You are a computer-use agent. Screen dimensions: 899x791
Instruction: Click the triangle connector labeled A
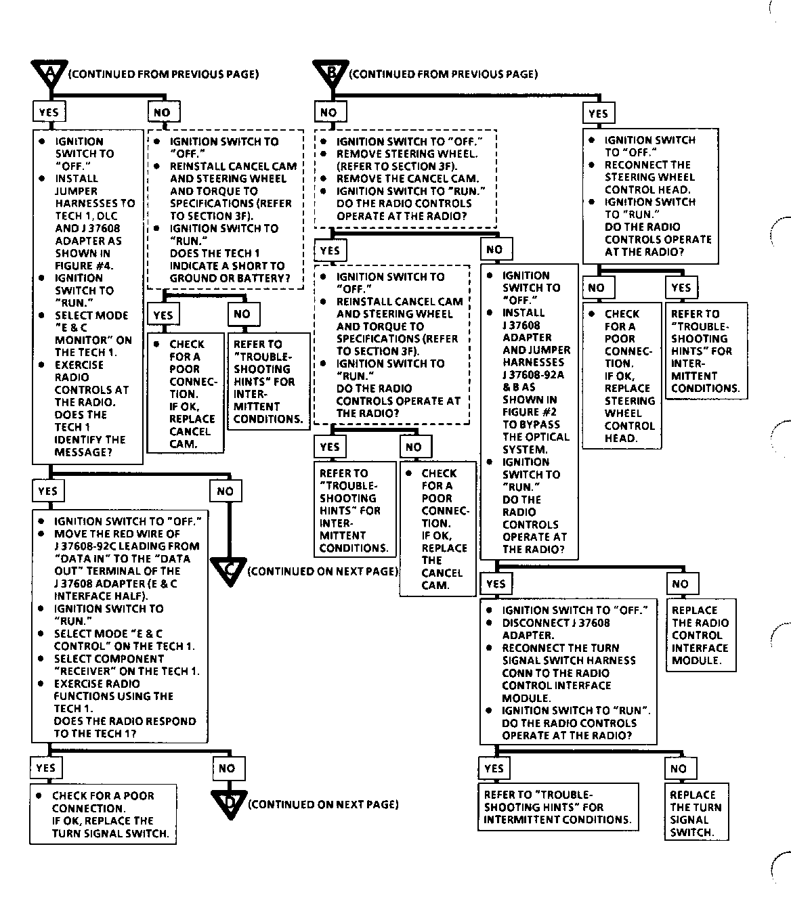(49, 72)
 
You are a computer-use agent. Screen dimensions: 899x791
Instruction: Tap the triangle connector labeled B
(331, 72)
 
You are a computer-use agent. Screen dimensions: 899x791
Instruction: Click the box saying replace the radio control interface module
(700, 635)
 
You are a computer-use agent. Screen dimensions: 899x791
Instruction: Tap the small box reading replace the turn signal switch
(696, 814)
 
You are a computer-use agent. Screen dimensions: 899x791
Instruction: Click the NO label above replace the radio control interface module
(681, 584)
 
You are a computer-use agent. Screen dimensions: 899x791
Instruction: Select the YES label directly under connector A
(49, 112)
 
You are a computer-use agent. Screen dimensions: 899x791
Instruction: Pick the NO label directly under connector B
(328, 112)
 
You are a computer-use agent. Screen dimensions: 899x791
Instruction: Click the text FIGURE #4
(84, 265)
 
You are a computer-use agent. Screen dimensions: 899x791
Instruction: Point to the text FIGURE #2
(530, 412)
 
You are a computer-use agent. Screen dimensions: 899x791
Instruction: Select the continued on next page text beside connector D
(323, 804)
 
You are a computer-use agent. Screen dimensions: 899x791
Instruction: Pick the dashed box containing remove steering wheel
(405, 179)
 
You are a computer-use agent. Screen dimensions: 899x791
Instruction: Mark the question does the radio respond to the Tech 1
(125, 727)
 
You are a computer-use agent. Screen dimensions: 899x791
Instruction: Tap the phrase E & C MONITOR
(91, 334)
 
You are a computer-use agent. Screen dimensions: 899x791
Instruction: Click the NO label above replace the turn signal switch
(679, 768)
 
